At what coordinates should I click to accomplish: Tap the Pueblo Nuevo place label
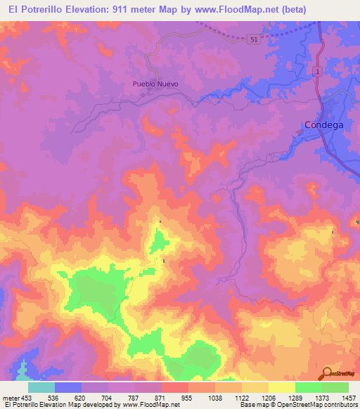[155, 84]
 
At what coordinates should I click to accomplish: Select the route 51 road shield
[253, 40]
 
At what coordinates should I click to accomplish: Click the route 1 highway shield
[318, 72]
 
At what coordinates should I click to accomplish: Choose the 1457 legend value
[349, 397]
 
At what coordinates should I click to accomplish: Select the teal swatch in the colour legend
[41, 387]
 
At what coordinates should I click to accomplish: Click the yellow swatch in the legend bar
[281, 387]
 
